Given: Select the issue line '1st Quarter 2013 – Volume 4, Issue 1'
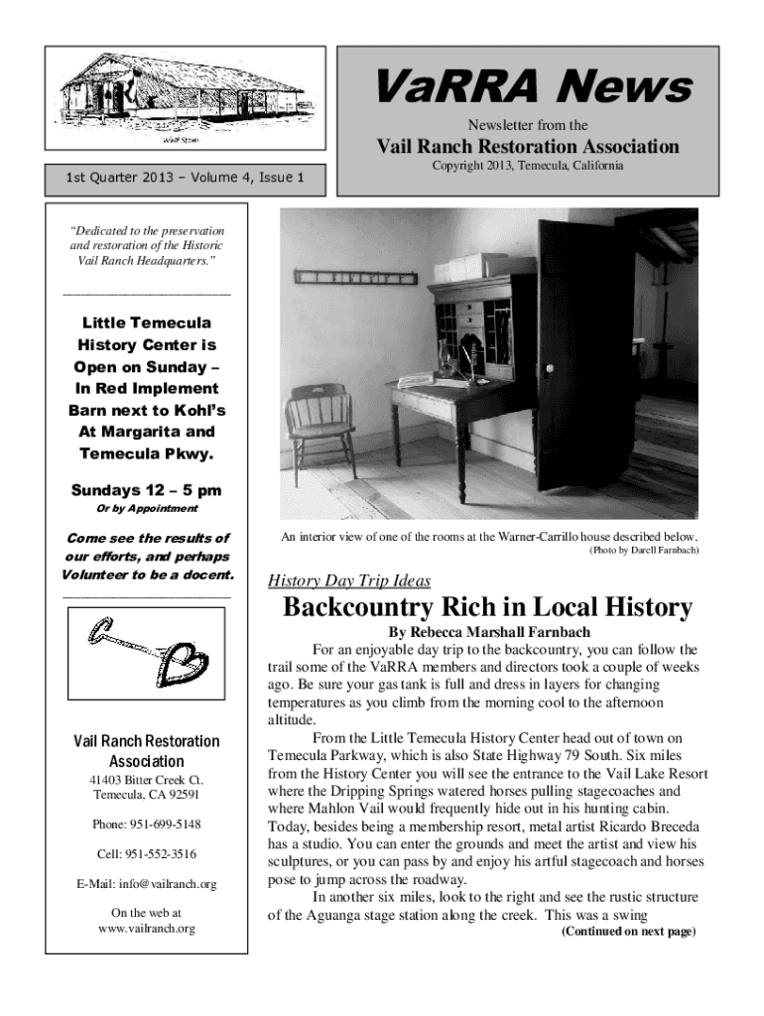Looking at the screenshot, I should [183, 180].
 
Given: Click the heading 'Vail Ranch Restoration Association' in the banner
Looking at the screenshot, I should [527, 147].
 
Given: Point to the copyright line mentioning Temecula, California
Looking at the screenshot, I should [527, 166].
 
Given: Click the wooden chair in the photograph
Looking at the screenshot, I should [319, 430].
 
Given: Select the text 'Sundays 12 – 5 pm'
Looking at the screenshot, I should [146, 490].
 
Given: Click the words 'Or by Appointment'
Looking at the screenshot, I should [146, 509].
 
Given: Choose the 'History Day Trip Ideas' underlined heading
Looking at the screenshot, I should [350, 581].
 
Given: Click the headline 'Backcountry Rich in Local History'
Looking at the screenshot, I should [487, 607].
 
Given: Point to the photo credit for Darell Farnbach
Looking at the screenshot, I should [644, 550].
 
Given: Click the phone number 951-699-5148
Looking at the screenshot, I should [147, 825].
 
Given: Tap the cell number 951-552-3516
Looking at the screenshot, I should [147, 853].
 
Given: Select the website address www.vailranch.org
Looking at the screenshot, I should [147, 929].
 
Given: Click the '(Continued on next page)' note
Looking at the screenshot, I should [628, 932].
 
